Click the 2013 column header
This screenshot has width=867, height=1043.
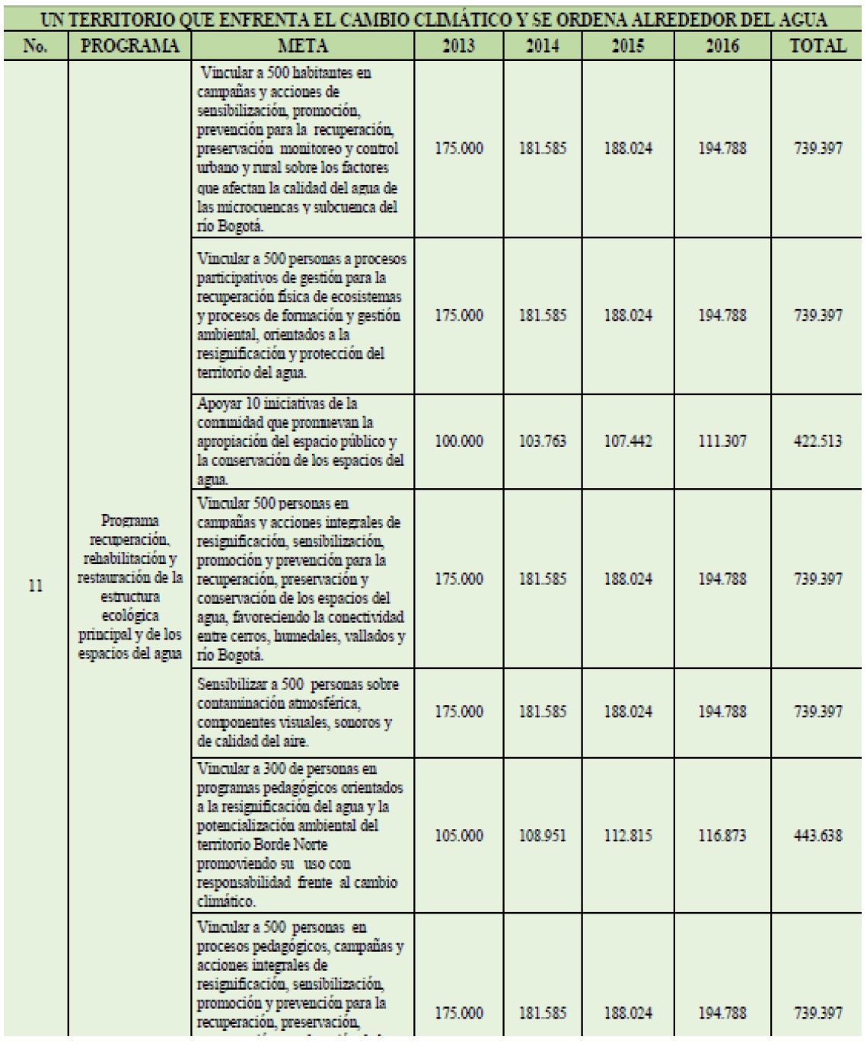click(458, 46)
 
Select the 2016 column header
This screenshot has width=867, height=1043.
click(722, 46)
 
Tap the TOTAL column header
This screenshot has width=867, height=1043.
click(818, 46)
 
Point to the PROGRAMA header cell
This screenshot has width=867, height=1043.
click(129, 46)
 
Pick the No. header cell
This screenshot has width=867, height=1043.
click(35, 46)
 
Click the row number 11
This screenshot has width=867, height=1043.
click(35, 586)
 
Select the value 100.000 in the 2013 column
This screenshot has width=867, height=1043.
click(458, 441)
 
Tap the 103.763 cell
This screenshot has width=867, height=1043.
click(543, 441)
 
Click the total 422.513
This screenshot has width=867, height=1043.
click(818, 441)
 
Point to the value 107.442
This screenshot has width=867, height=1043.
click(628, 441)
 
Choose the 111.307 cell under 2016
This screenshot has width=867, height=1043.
click(722, 441)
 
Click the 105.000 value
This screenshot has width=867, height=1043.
click(458, 835)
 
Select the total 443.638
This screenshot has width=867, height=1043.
click(818, 835)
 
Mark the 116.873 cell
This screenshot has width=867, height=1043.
click(722, 835)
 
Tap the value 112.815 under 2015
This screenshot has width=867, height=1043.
click(628, 835)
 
